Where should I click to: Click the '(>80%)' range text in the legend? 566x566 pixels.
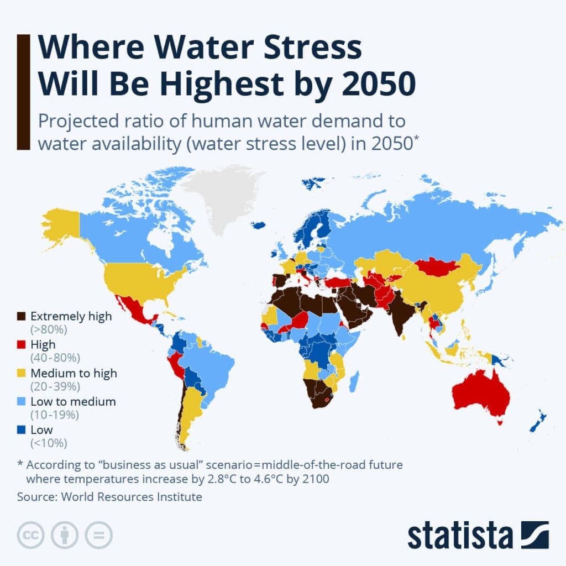click(49, 330)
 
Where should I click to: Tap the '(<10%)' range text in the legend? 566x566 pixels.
click(49, 443)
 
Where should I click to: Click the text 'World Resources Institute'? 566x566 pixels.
click(132, 496)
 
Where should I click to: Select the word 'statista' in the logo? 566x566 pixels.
click(460, 536)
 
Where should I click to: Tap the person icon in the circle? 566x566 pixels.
click(65, 535)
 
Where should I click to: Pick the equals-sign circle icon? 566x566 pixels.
click(98, 535)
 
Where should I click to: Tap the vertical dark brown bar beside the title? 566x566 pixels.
click(23, 92)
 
